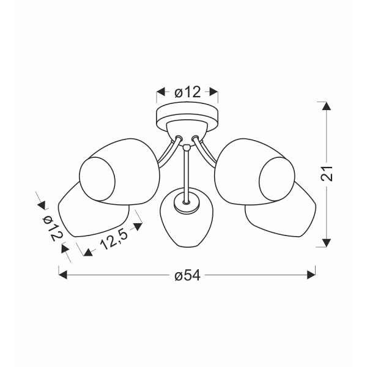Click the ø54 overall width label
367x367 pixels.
point(188,275)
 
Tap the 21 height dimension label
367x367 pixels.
point(327,174)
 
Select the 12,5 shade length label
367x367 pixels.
point(114,239)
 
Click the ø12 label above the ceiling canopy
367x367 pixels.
point(188,92)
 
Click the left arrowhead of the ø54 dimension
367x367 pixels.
point(63,275)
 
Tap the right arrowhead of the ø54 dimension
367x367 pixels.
point(311,275)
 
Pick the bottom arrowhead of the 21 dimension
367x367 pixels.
point(327,243)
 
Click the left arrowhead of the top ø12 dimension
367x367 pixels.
point(161,92)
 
